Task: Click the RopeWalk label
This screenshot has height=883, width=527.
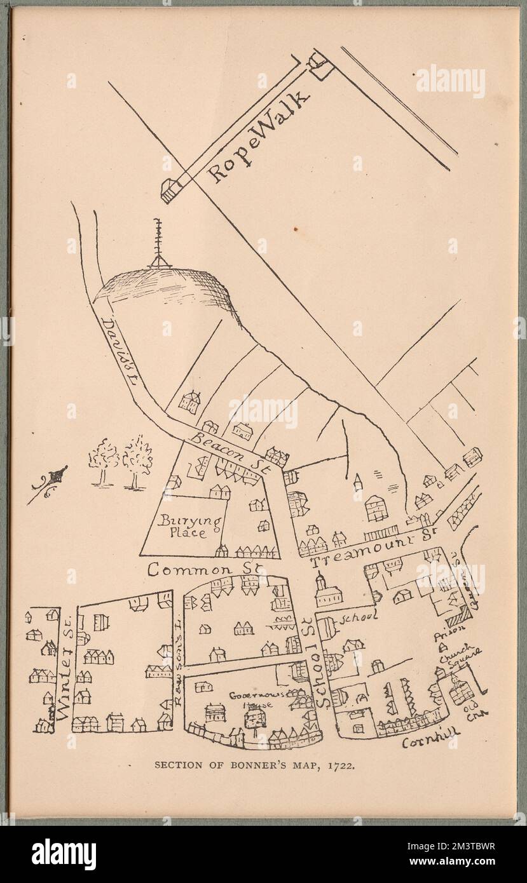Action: click(261, 137)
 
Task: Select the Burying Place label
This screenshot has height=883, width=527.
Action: click(191, 527)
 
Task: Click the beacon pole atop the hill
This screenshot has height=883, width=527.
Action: click(158, 245)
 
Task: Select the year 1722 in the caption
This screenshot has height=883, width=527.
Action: click(344, 765)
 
